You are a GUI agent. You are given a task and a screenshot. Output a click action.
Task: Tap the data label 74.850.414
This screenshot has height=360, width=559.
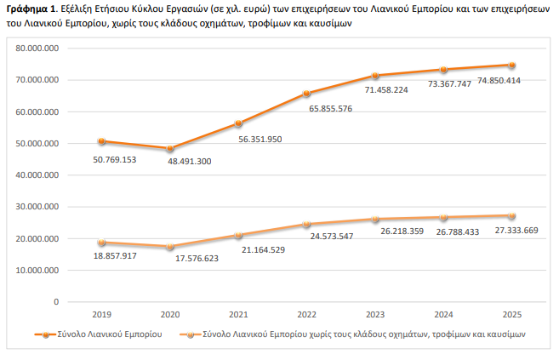(x=499, y=80)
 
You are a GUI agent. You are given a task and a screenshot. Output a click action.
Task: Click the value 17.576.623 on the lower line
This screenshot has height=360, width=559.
(x=181, y=259)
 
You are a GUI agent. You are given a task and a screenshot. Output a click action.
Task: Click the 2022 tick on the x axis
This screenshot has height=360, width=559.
(x=308, y=314)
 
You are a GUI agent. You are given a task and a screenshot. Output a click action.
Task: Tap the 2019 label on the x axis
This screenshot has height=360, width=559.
(x=101, y=314)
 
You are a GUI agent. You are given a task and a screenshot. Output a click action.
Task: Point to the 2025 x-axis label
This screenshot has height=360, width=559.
(x=513, y=314)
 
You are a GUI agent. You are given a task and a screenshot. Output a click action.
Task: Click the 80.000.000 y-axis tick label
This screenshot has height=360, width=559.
(x=37, y=49)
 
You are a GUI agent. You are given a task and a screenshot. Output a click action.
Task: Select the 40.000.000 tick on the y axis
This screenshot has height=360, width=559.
(x=37, y=175)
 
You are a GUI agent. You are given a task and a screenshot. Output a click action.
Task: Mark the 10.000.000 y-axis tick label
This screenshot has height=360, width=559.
(x=37, y=270)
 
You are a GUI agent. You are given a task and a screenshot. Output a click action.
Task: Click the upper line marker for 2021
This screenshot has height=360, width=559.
(x=239, y=123)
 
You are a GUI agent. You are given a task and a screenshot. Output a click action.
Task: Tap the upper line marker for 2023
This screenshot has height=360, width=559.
(x=376, y=76)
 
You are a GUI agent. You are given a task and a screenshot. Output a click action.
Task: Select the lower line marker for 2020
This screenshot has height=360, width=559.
(x=170, y=247)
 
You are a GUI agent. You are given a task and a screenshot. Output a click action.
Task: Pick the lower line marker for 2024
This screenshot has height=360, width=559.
(x=445, y=217)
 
